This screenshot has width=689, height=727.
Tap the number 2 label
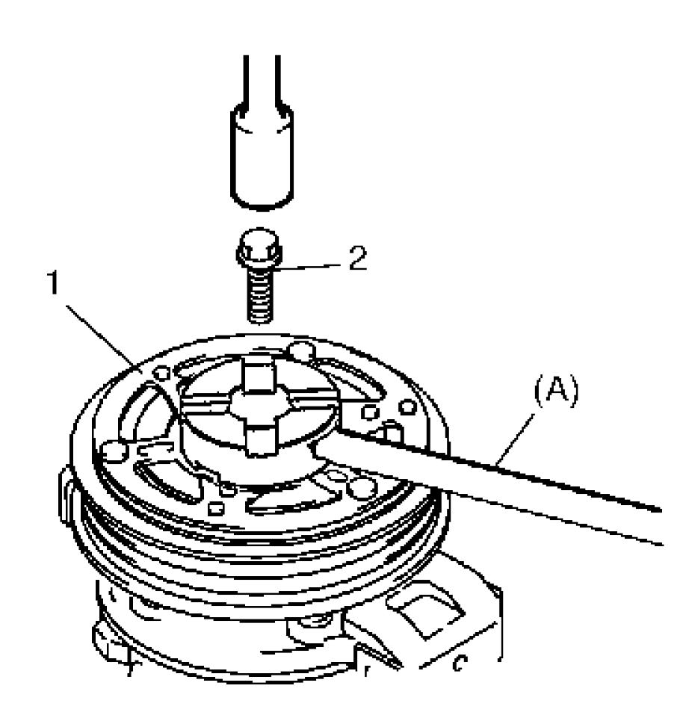[357, 259]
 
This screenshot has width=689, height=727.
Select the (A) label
[557, 392]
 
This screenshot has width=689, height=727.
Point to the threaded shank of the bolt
[260, 296]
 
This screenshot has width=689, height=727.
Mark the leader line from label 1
[101, 335]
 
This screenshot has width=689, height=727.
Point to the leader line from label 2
[309, 267]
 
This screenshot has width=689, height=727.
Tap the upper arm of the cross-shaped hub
[257, 374]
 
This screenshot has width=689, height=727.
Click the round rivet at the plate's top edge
[301, 353]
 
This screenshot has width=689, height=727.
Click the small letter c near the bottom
[460, 663]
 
